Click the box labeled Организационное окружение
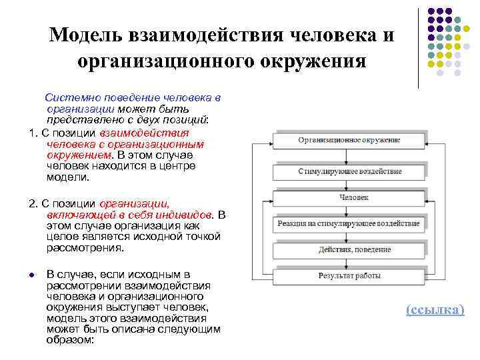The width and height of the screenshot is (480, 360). (349, 141)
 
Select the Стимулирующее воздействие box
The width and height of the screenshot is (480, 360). (349, 171)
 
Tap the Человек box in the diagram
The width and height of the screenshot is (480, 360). (349, 197)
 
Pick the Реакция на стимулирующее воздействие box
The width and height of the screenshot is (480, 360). (349, 223)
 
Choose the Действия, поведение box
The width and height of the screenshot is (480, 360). (349, 249)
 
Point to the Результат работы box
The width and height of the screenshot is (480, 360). (349, 275)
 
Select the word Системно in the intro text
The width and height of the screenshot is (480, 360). (66, 98)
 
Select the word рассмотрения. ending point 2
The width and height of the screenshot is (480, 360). (85, 248)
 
